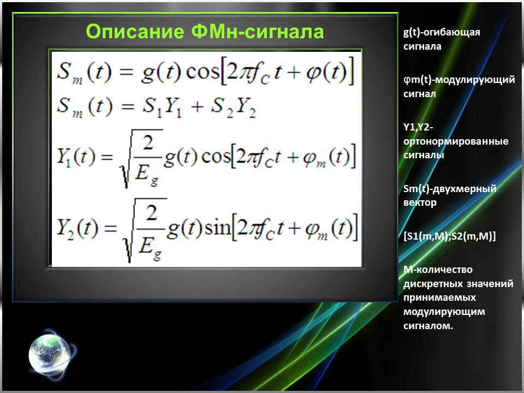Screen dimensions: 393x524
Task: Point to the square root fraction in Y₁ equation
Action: pyautogui.click(x=143, y=158)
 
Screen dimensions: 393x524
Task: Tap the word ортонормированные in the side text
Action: pyautogui.click(x=456, y=141)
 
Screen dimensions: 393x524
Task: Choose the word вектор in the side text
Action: pyautogui.click(x=420, y=203)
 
